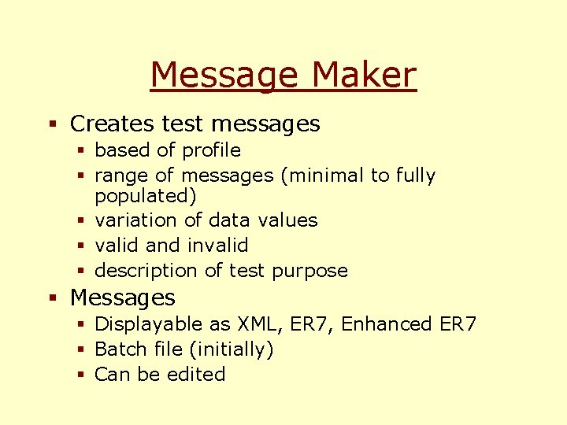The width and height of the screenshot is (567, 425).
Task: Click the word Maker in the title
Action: (x=364, y=76)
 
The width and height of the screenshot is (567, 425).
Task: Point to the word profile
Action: (x=211, y=150)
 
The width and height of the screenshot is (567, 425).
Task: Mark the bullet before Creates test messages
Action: (x=53, y=124)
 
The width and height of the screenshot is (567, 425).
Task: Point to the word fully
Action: (x=415, y=176)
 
